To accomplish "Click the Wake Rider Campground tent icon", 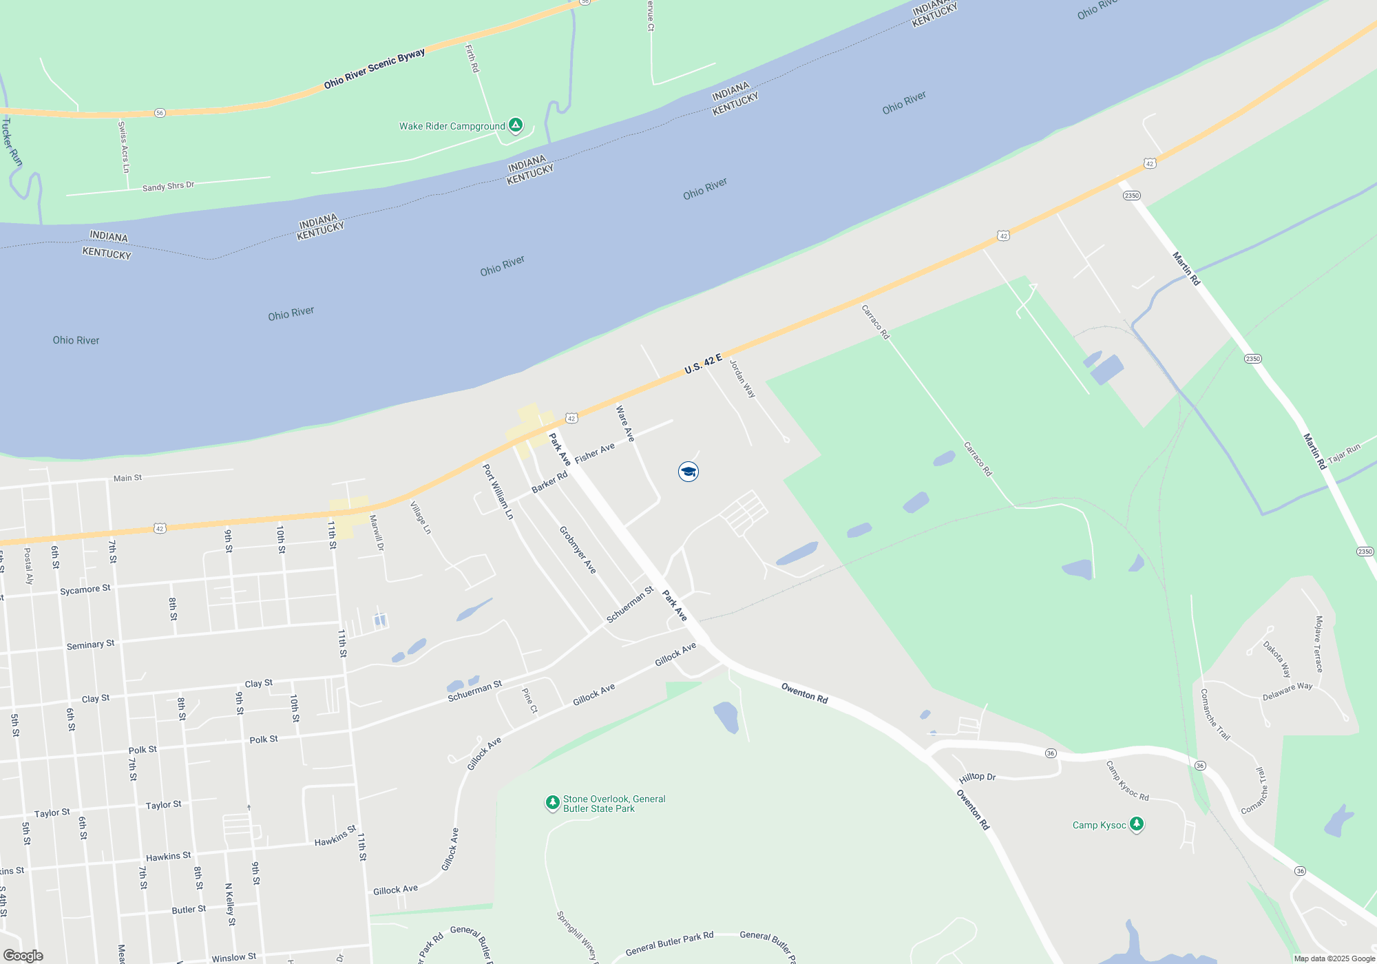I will point(516,125).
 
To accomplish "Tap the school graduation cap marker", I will point(688,472).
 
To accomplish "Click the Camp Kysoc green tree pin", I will point(1137,824).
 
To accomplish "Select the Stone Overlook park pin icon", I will point(552,802).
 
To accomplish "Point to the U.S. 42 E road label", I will point(703,364).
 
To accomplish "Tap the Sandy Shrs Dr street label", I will point(168,187).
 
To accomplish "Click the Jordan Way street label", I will point(743,379).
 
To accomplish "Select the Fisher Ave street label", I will point(594,453).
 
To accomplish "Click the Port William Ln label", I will point(497,492).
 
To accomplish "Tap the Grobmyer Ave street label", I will point(577,550).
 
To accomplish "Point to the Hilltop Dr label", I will point(977,777).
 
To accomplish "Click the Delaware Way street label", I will point(1287,691).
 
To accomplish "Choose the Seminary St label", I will point(90,645).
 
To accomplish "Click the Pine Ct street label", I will point(529,700).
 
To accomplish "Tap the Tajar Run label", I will point(1344,454).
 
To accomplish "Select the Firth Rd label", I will point(472,59).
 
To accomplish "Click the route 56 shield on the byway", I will point(160,113).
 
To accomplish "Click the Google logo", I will point(23,956).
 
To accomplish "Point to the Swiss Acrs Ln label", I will point(124,147).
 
